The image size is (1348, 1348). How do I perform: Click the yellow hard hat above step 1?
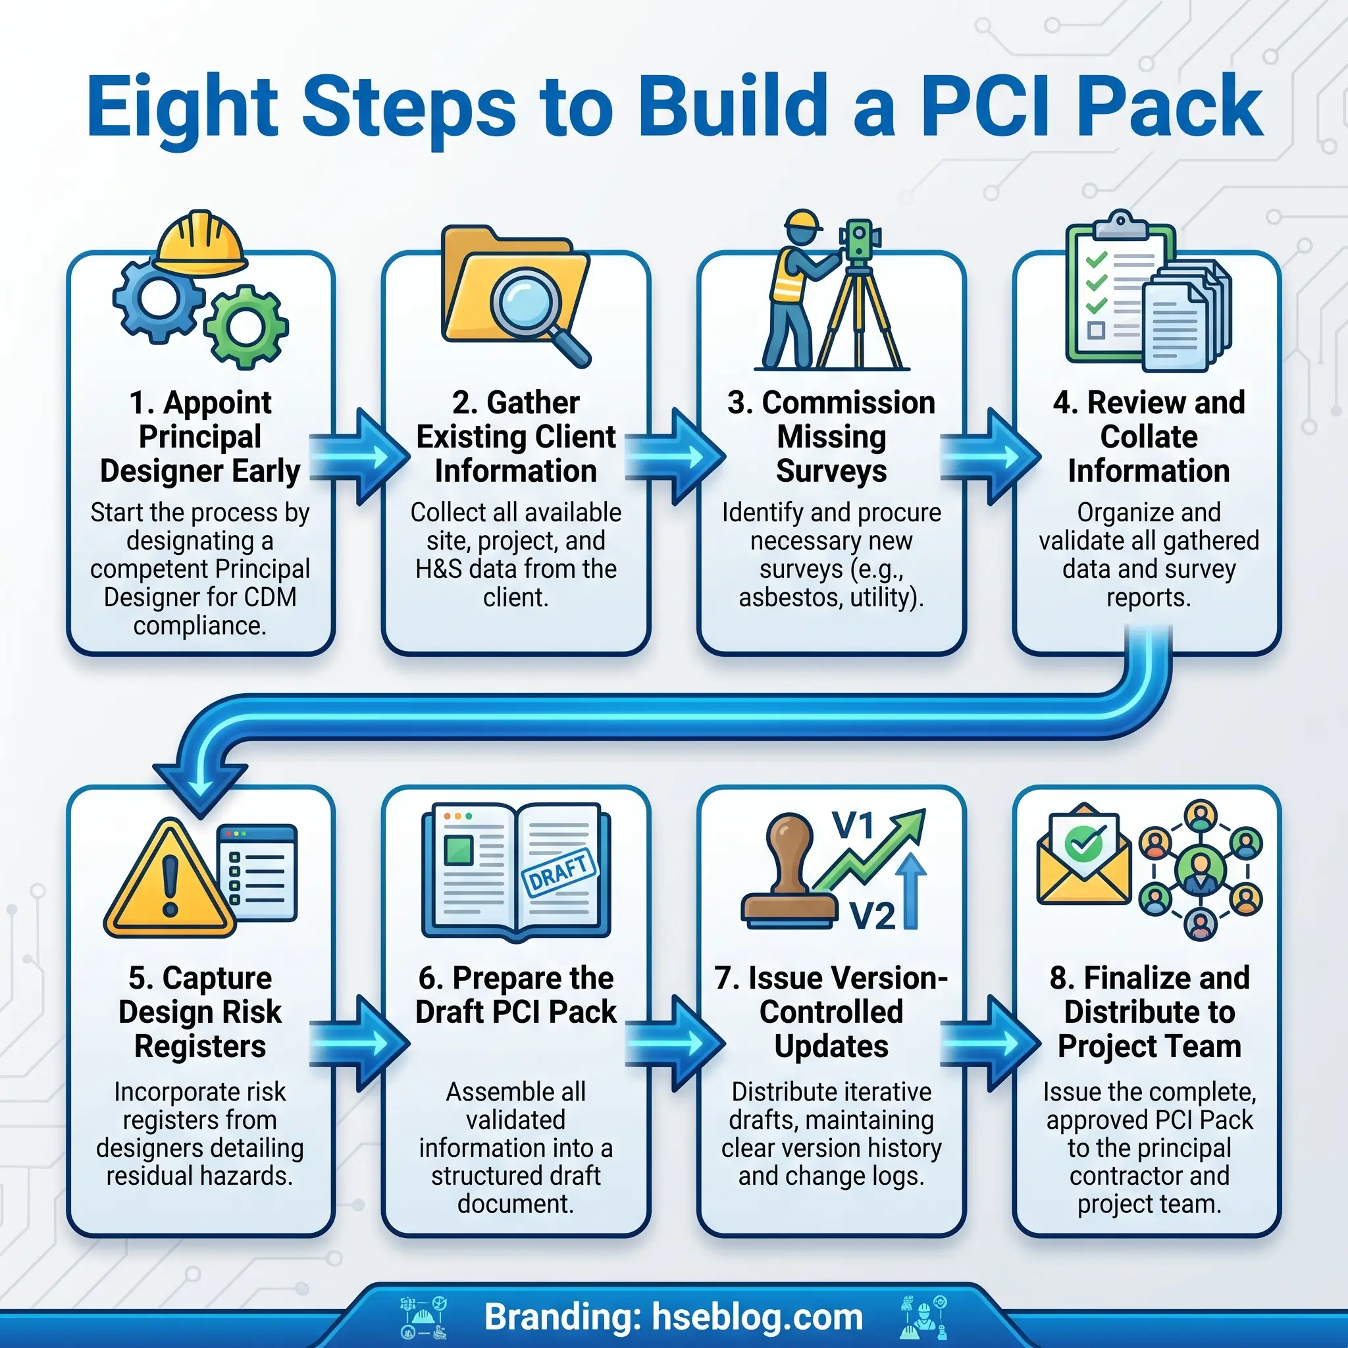click(201, 244)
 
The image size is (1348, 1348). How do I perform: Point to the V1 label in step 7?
click(853, 825)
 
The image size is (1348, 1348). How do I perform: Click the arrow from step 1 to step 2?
click(359, 456)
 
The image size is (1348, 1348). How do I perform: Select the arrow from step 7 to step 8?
click(990, 1043)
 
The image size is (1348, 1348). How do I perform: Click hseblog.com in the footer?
click(757, 1317)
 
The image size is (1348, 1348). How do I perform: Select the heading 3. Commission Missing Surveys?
click(831, 437)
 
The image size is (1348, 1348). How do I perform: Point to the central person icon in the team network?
click(1200, 869)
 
